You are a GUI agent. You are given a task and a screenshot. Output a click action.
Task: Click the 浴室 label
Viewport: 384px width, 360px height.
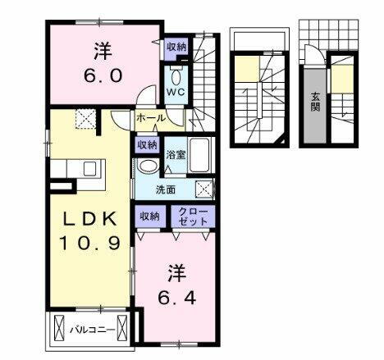(176, 154)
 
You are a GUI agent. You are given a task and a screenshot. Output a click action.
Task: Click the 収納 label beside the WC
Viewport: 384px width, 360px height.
(176, 48)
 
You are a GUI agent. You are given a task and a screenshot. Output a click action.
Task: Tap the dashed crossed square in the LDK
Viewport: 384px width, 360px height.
(85, 119)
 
